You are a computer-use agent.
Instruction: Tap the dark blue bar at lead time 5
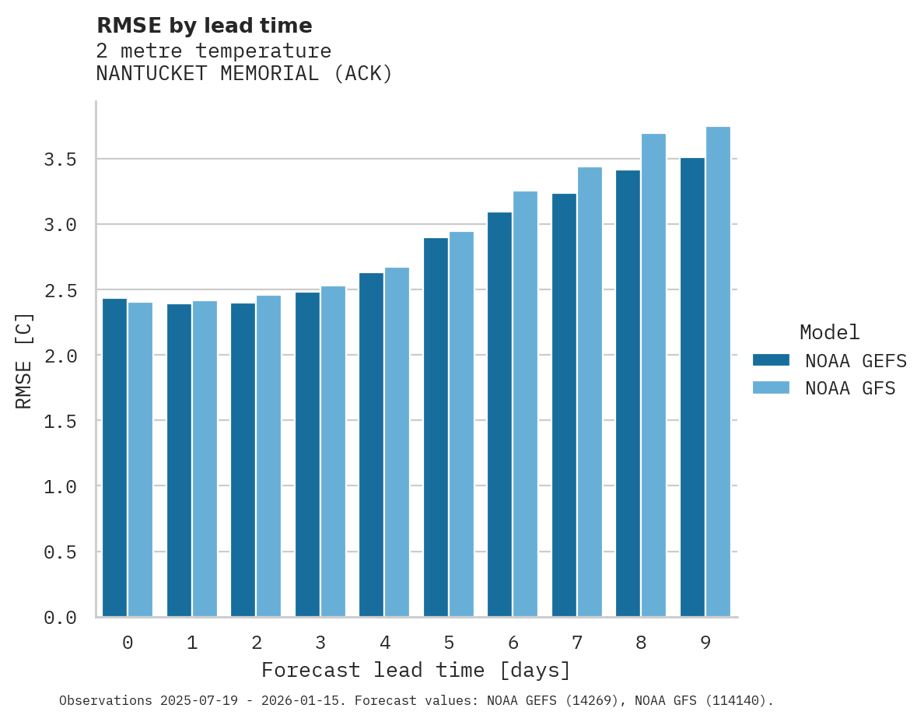pyautogui.click(x=436, y=427)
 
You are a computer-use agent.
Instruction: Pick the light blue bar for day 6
pyautogui.click(x=525, y=404)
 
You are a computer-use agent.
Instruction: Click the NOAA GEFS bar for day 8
pyautogui.click(x=628, y=393)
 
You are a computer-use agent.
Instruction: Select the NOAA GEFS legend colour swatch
pyautogui.click(x=771, y=360)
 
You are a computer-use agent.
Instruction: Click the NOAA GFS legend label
pyautogui.click(x=850, y=388)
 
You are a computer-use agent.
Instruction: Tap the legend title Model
pyautogui.click(x=829, y=332)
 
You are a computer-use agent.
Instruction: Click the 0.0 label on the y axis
pyautogui.click(x=60, y=618)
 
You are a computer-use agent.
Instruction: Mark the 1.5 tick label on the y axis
pyautogui.click(x=60, y=421)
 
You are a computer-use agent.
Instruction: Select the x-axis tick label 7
pyautogui.click(x=576, y=643)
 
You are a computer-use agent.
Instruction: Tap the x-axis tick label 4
pyautogui.click(x=384, y=643)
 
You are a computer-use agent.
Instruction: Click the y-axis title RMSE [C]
pyautogui.click(x=24, y=360)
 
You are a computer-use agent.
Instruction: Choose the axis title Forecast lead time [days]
pyautogui.click(x=416, y=670)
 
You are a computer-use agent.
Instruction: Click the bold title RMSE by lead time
pyautogui.click(x=204, y=26)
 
